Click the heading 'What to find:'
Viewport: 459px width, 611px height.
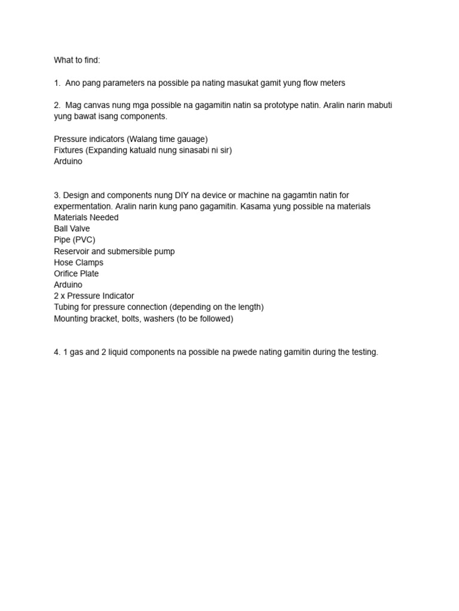(76, 60)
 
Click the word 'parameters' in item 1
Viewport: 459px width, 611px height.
(124, 82)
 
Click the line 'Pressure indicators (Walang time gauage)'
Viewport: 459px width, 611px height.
(130, 139)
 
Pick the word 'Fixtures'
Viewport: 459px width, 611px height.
(68, 150)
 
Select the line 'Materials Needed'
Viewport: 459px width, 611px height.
(86, 217)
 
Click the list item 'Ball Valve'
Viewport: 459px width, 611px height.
(72, 229)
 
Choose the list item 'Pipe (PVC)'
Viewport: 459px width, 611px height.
(74, 240)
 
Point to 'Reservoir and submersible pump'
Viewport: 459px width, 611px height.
(114, 251)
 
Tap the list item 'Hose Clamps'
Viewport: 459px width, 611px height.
(78, 263)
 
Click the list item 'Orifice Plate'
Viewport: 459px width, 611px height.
(76, 273)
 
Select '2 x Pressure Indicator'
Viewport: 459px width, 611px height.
(94, 296)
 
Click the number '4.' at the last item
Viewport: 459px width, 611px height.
(57, 352)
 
